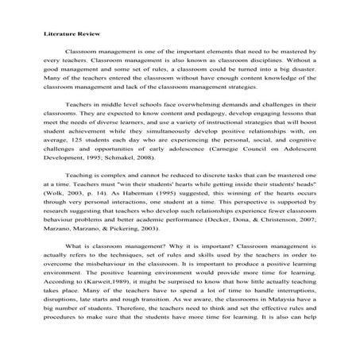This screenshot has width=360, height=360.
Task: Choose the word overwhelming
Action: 199,125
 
